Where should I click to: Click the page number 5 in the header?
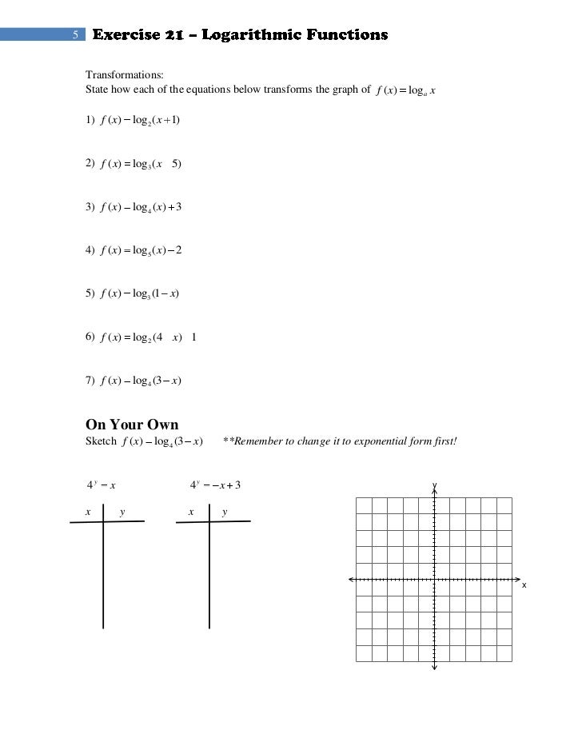click(74, 34)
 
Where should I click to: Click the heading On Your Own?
click(132, 424)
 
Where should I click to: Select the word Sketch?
click(101, 441)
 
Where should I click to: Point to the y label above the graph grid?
click(434, 485)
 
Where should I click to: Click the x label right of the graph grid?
click(524, 585)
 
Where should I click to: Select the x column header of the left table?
click(88, 512)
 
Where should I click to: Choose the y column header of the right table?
click(225, 512)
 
